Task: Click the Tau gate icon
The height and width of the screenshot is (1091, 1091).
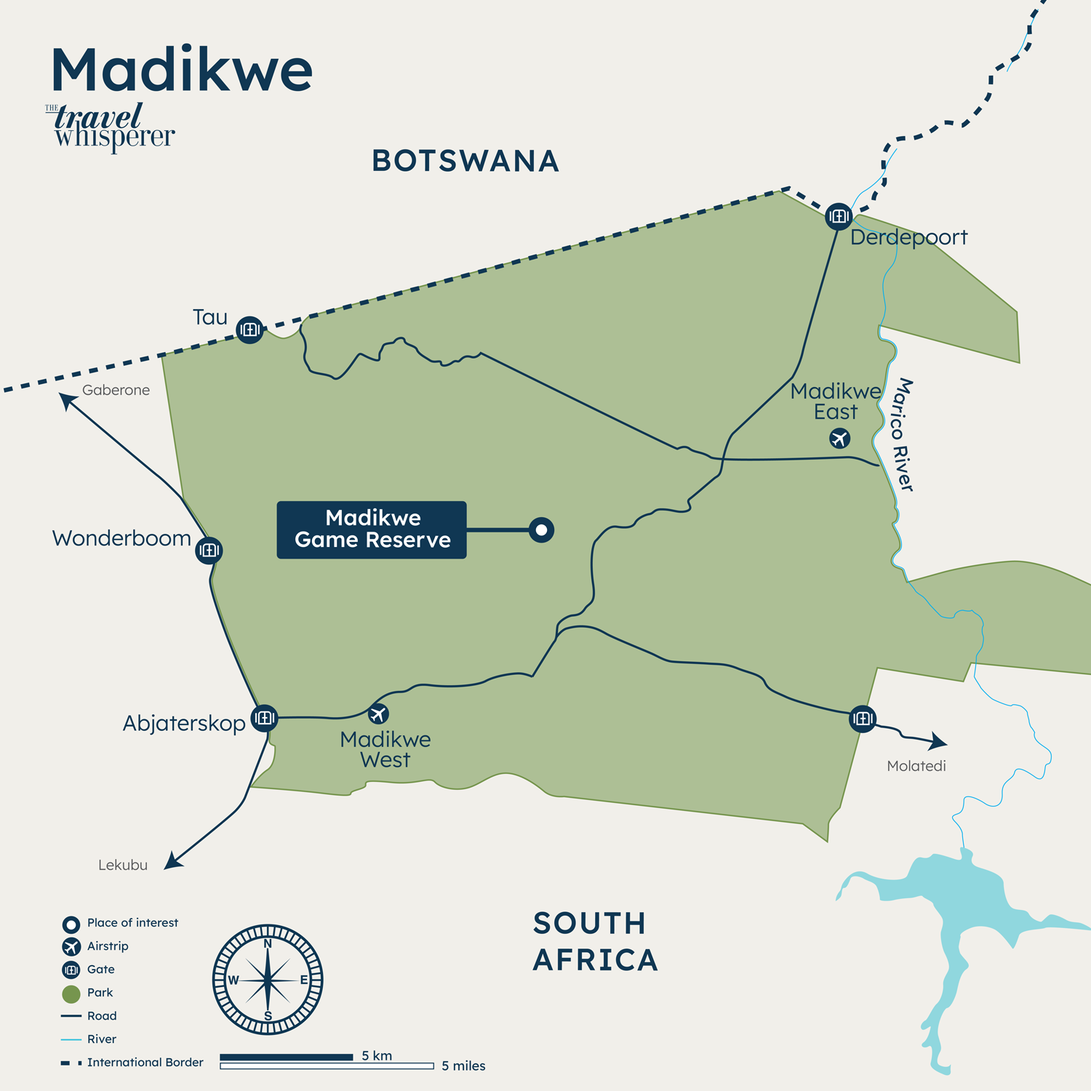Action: pyautogui.click(x=249, y=329)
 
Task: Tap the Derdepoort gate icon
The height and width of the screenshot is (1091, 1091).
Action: pyautogui.click(x=839, y=216)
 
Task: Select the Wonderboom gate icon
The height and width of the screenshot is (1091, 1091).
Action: pyautogui.click(x=209, y=551)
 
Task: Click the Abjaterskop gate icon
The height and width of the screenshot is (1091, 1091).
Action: pyautogui.click(x=264, y=718)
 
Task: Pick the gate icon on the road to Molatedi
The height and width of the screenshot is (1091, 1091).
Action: pyautogui.click(x=863, y=719)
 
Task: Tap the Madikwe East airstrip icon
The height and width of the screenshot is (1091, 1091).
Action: pyautogui.click(x=840, y=439)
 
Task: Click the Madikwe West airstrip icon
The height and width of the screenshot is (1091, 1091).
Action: pyautogui.click(x=377, y=714)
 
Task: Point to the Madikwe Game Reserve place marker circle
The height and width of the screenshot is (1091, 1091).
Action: pyautogui.click(x=541, y=530)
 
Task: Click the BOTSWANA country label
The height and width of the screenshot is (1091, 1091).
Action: pyautogui.click(x=465, y=161)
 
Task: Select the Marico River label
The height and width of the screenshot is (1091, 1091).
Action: pyautogui.click(x=903, y=434)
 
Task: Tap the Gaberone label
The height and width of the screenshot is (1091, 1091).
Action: pyautogui.click(x=116, y=390)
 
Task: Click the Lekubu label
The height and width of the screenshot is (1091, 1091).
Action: pyautogui.click(x=123, y=865)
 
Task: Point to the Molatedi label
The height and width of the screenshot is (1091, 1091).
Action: pyautogui.click(x=916, y=766)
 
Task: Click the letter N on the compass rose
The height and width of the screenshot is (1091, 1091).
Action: pyautogui.click(x=268, y=943)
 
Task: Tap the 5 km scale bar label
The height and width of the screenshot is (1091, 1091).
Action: pyautogui.click(x=377, y=1055)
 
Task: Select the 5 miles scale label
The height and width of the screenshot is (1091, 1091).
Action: pyautogui.click(x=463, y=1066)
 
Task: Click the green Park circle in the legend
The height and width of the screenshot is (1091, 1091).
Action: pyautogui.click(x=71, y=994)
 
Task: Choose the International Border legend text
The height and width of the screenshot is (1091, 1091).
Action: pyautogui.click(x=145, y=1063)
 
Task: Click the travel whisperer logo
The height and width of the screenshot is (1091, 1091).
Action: pyautogui.click(x=113, y=127)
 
